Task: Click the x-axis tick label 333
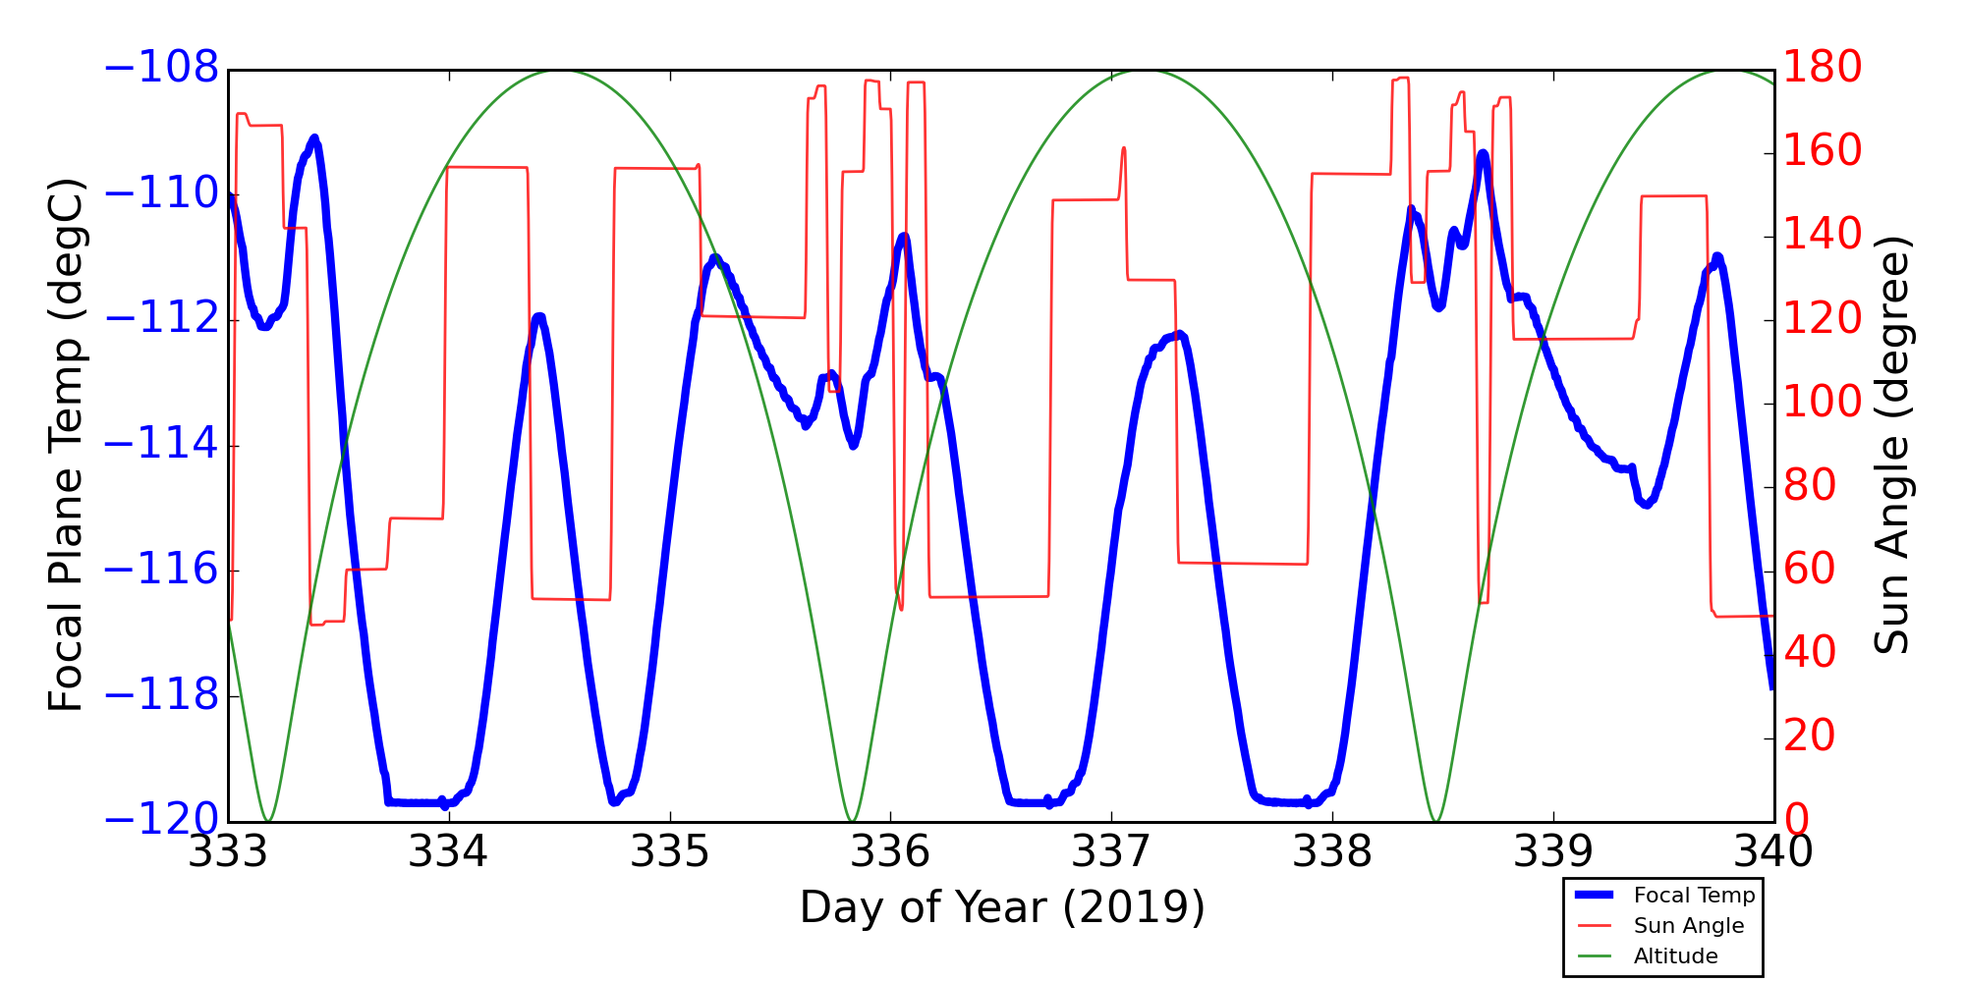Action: pyautogui.click(x=228, y=851)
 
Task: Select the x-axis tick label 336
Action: pyautogui.click(x=890, y=851)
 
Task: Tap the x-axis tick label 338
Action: pyautogui.click(x=1332, y=851)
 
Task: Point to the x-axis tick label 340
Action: pyautogui.click(x=1773, y=851)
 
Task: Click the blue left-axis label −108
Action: pyautogui.click(x=161, y=70)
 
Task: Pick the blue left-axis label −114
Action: pyautogui.click(x=161, y=445)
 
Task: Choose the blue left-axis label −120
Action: pyautogui.click(x=161, y=820)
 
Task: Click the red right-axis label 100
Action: pyautogui.click(x=1823, y=402)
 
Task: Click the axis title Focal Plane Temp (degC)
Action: pyautogui.click(x=66, y=445)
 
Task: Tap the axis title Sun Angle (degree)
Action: pyautogui.click(x=1891, y=445)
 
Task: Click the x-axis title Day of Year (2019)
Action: pyautogui.click(x=1002, y=907)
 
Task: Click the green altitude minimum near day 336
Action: pyautogui.click(x=852, y=821)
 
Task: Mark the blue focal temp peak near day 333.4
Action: pyautogui.click(x=314, y=137)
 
